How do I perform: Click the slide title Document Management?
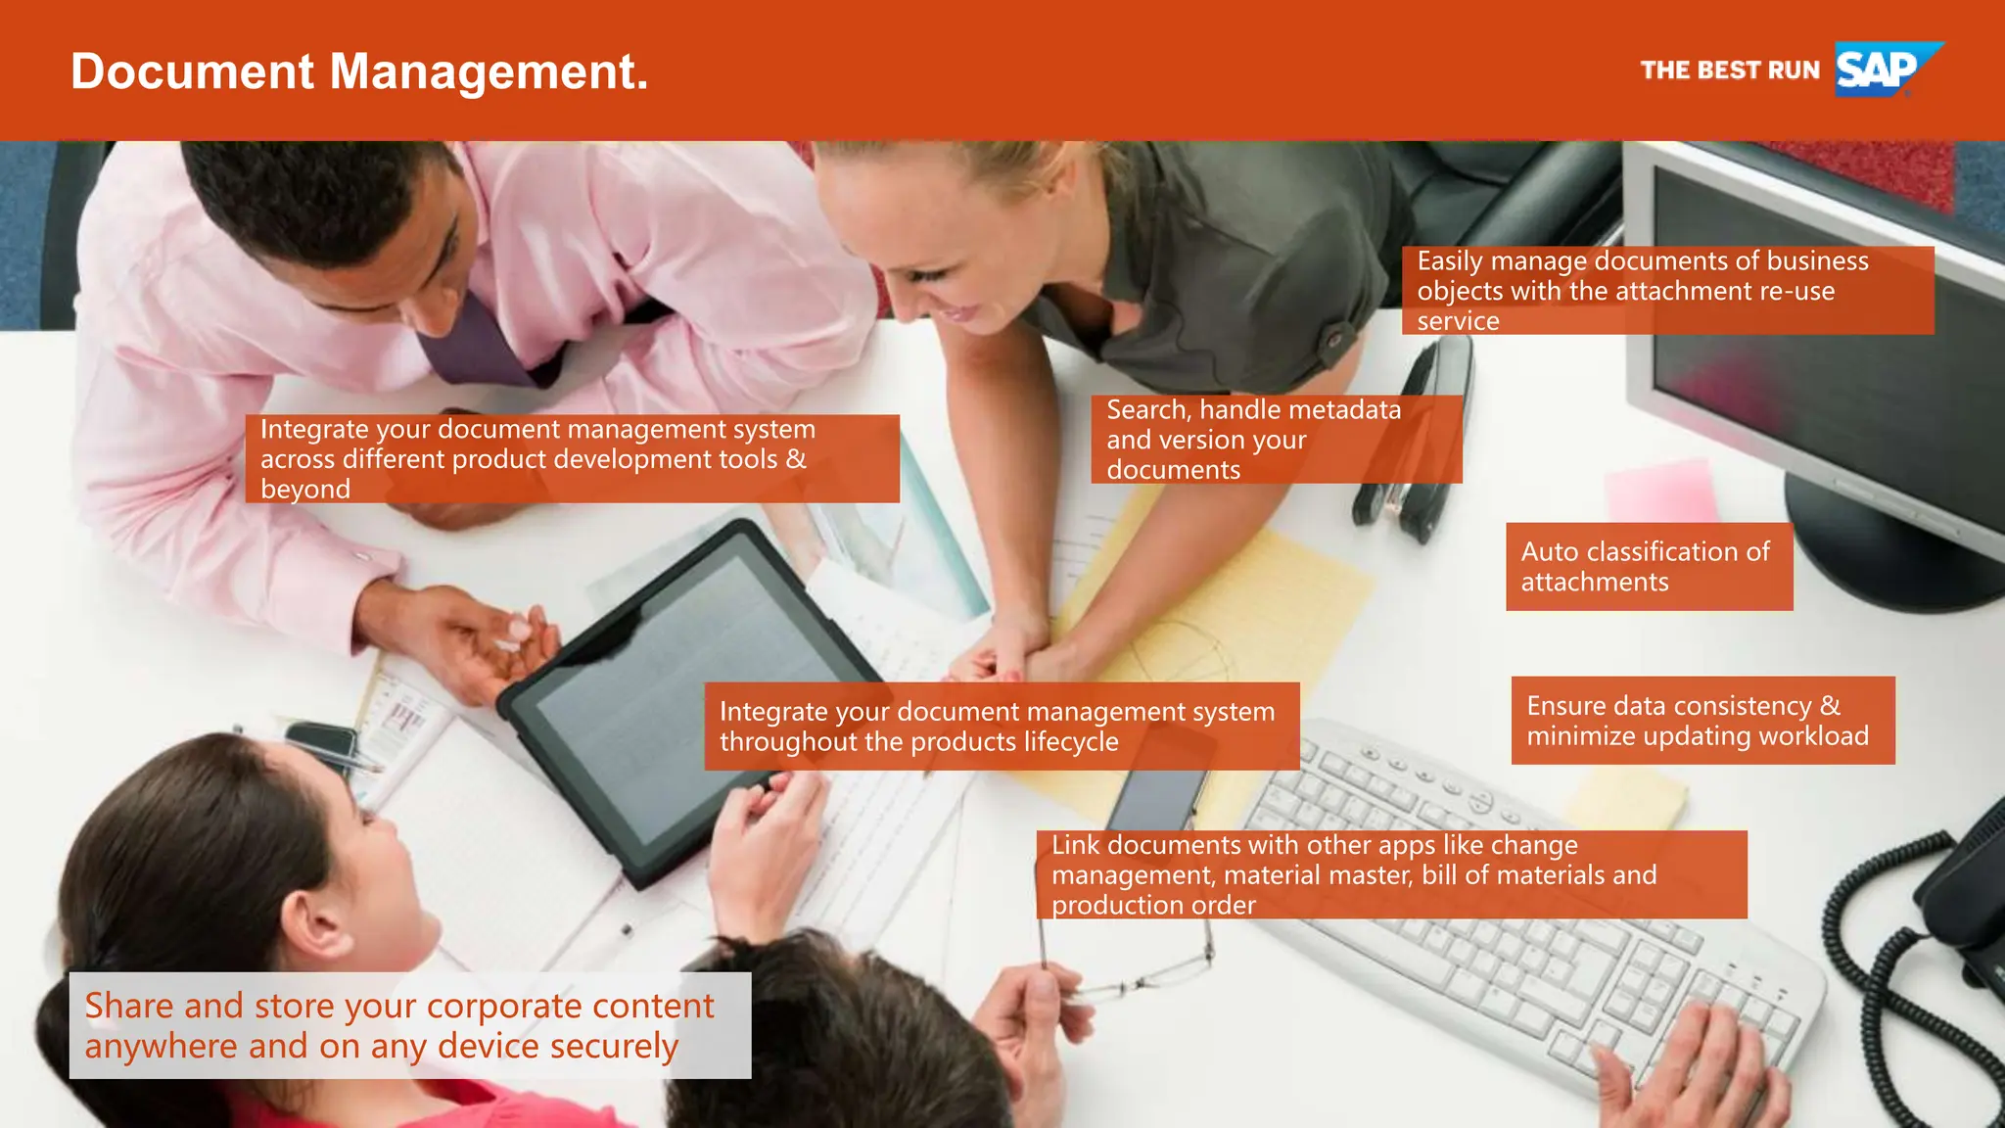pyautogui.click(x=359, y=72)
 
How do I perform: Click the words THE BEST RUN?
pyautogui.click(x=1729, y=70)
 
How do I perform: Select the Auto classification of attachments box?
pyautogui.click(x=1649, y=567)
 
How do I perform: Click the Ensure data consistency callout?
pyautogui.click(x=1702, y=721)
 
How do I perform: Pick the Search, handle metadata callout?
pyautogui.click(x=1275, y=440)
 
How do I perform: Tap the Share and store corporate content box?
pyautogui.click(x=409, y=1025)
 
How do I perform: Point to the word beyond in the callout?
pyautogui.click(x=305, y=490)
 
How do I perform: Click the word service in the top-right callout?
pyautogui.click(x=1458, y=321)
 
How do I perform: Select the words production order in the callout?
pyautogui.click(x=1153, y=906)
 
